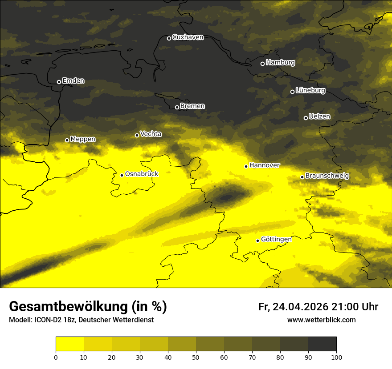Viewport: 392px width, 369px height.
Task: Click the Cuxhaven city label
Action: [188, 37]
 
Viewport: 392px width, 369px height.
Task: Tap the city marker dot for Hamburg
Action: [262, 64]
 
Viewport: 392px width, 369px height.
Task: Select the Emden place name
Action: [73, 81]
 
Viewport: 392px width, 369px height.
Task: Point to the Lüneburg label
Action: [310, 91]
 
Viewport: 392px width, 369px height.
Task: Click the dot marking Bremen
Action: [177, 107]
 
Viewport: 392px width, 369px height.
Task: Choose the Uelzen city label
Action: [319, 117]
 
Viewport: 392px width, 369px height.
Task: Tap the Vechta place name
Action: [151, 134]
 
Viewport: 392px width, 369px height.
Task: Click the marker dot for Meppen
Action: [67, 140]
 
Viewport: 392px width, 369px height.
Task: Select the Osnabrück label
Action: [142, 174]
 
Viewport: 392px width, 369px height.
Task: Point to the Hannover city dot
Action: [246, 166]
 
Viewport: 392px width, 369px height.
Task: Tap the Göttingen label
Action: [276, 239]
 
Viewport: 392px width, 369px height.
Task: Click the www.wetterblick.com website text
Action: [321, 320]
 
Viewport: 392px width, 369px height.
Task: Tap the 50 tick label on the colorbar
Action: [196, 357]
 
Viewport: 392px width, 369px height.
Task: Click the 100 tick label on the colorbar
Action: [336, 357]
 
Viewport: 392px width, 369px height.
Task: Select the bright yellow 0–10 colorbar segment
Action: [69, 344]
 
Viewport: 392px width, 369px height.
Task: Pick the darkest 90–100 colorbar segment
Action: [322, 344]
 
